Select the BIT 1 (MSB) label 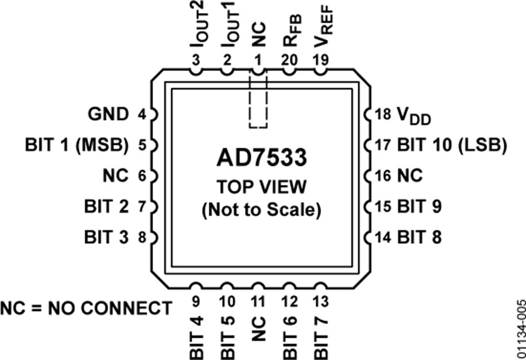tap(77, 145)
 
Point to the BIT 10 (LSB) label tap(451, 145)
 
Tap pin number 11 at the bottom tap(258, 302)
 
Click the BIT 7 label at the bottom tap(320, 337)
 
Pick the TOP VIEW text tap(261, 187)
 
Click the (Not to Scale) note tap(261, 210)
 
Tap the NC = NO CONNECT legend tap(86, 307)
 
